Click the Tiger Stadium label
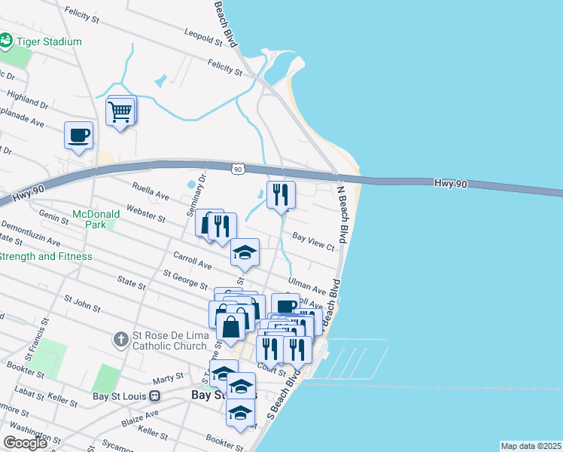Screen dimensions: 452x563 click(49, 41)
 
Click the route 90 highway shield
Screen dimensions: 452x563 click(238, 169)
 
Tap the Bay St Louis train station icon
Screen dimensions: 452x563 click(155, 395)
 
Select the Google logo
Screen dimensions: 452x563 click(25, 443)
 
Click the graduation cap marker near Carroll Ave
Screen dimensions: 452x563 click(245, 253)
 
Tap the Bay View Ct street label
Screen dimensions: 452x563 click(313, 241)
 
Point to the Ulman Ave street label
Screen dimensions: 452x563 click(306, 287)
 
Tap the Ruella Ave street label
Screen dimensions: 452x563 click(150, 194)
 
